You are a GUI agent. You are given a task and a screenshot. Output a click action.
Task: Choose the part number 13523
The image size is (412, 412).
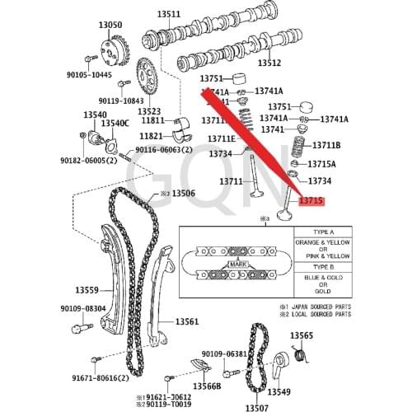pos(149,110)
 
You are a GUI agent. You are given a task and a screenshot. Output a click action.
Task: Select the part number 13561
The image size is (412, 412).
pos(186,321)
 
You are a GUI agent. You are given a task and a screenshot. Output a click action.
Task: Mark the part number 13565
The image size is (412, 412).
pos(302,335)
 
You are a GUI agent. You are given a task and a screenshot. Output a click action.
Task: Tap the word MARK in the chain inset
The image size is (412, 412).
pos(240,264)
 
